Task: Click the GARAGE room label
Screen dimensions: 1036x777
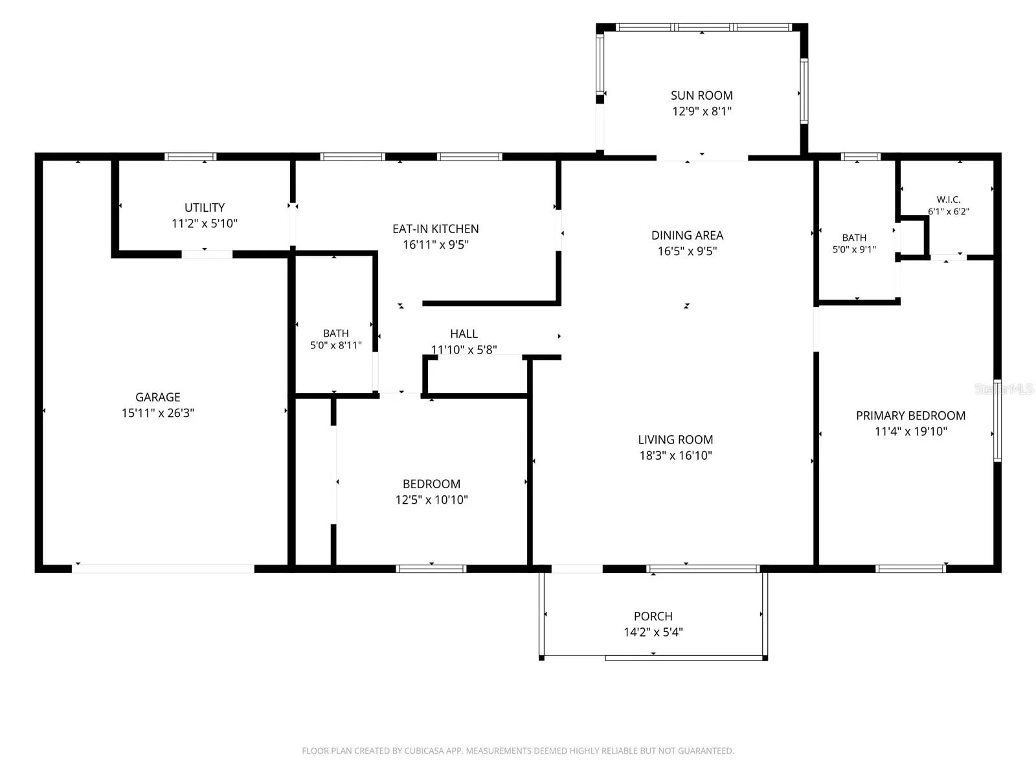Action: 157,397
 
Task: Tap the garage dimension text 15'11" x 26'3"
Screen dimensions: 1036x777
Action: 157,413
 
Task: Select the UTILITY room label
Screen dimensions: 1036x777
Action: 205,208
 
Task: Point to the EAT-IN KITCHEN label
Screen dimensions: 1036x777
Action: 436,229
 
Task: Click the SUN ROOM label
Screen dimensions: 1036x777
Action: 702,95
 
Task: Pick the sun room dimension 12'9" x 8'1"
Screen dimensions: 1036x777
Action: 702,111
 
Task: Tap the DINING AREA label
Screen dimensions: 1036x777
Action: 687,236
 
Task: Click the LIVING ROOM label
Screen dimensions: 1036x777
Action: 675,440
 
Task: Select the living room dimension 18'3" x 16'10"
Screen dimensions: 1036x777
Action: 675,455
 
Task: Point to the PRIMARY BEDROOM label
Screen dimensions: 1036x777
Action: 910,416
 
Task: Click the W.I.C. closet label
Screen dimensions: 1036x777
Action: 949,199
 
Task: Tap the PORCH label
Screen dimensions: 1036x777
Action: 653,616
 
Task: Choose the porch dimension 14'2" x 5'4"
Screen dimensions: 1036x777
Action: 653,632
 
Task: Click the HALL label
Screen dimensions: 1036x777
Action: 464,334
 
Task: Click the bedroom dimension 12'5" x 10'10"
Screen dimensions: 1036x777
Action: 431,500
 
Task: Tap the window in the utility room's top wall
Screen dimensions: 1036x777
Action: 190,157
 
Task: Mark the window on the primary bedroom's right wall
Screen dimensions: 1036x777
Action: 997,420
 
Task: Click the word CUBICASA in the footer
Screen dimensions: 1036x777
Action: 424,750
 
